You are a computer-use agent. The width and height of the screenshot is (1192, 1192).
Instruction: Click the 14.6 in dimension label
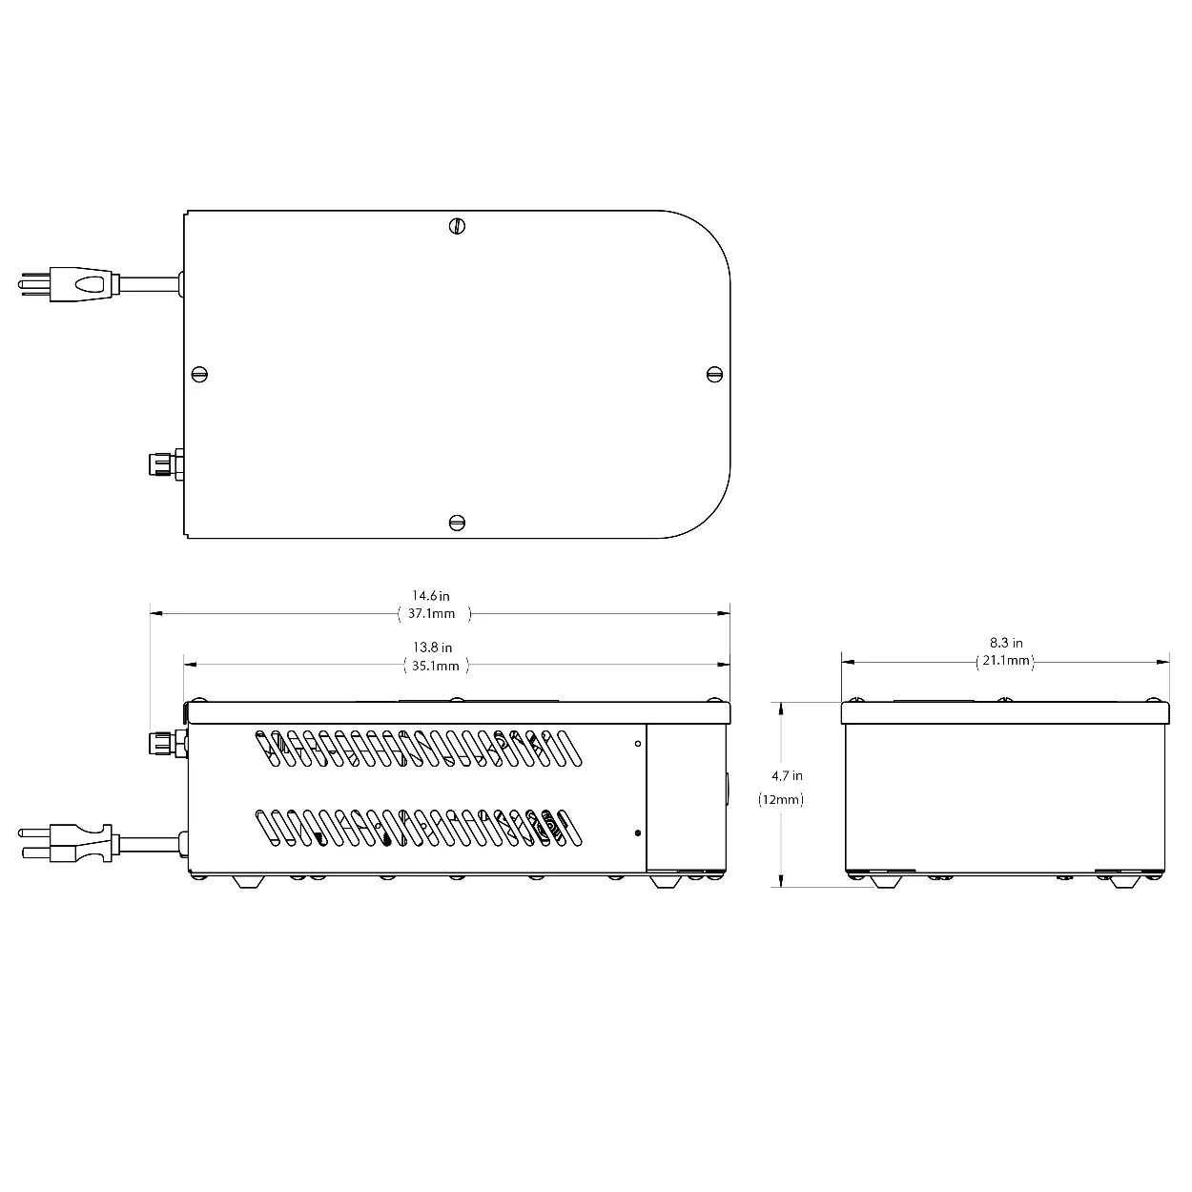430,596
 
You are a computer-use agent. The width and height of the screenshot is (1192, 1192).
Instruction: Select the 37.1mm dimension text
431,613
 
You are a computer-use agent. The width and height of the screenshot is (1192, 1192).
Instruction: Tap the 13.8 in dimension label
432,647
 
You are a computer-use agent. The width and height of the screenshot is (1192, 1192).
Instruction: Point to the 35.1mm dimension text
436,667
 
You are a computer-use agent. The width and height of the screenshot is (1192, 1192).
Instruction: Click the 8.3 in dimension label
1006,643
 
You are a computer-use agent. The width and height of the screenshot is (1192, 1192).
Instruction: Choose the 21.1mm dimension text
1006,661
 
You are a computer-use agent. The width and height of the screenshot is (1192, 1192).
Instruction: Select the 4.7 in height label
787,775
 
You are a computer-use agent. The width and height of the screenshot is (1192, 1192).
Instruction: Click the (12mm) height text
781,799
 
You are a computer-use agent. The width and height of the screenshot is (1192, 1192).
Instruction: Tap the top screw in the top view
457,226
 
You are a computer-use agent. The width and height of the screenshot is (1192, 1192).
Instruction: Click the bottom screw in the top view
457,523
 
